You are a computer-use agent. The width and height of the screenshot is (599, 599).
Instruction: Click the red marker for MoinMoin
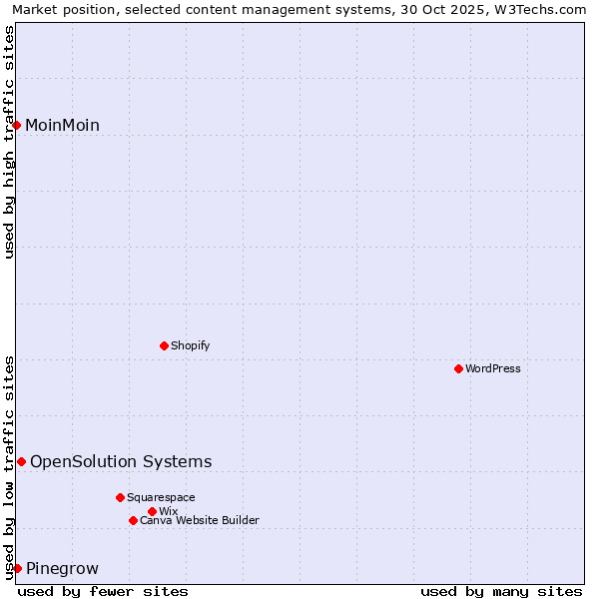17,125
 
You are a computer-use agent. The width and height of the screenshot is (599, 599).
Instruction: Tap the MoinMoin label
62,125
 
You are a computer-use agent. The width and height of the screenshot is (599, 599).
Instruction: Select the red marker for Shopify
164,345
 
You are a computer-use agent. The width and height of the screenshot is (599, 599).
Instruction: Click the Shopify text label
190,345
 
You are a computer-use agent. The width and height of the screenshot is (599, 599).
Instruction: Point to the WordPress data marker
458,368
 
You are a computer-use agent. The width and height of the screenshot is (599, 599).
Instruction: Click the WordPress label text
492,368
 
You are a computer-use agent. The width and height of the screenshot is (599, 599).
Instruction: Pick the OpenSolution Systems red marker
21,461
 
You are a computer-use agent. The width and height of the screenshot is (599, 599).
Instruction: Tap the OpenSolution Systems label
121,461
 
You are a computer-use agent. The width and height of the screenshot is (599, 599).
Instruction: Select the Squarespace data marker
120,497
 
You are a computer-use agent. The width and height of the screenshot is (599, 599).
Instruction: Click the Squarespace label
161,497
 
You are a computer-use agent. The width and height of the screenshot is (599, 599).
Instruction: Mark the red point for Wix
152,511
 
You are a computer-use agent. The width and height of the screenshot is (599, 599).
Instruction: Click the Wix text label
168,511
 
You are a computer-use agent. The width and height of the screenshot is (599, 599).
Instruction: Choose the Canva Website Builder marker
133,520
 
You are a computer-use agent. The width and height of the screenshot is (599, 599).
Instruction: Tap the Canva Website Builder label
199,520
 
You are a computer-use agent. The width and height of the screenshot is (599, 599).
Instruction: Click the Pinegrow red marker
17,568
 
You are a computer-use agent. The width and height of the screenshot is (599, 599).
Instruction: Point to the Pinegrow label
62,569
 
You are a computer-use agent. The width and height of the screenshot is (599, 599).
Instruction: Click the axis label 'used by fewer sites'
103,591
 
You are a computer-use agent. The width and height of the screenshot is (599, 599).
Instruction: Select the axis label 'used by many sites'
501,591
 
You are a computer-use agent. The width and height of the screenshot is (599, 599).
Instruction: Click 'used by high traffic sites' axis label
9,142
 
